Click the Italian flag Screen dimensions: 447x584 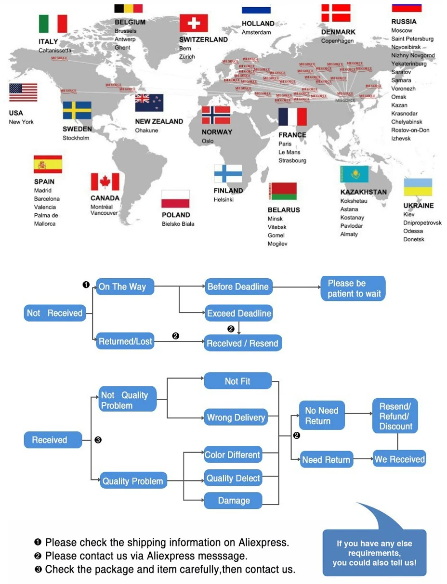click(53, 24)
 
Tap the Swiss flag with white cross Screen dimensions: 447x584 click(193, 23)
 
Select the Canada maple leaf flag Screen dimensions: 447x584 click(105, 182)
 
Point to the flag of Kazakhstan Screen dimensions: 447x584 click(354, 174)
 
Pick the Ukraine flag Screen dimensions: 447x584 click(418, 187)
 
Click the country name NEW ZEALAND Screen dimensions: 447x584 click(159, 122)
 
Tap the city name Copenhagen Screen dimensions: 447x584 click(337, 41)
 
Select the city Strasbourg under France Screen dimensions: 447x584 click(292, 160)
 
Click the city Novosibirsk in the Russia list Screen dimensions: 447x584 click(406, 47)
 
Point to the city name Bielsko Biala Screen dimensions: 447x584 click(178, 224)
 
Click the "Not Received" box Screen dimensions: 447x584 click(54, 313)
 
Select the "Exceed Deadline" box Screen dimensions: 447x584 click(239, 313)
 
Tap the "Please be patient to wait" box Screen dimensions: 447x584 click(354, 288)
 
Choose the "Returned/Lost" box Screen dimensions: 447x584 click(125, 342)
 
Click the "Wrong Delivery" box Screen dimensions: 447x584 click(236, 417)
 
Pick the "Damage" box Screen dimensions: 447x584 click(234, 501)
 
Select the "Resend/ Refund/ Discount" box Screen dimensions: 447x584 click(395, 416)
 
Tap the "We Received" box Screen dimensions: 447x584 click(399, 459)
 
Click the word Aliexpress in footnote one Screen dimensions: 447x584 click(263, 543)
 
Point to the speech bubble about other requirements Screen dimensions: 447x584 click(374, 552)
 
